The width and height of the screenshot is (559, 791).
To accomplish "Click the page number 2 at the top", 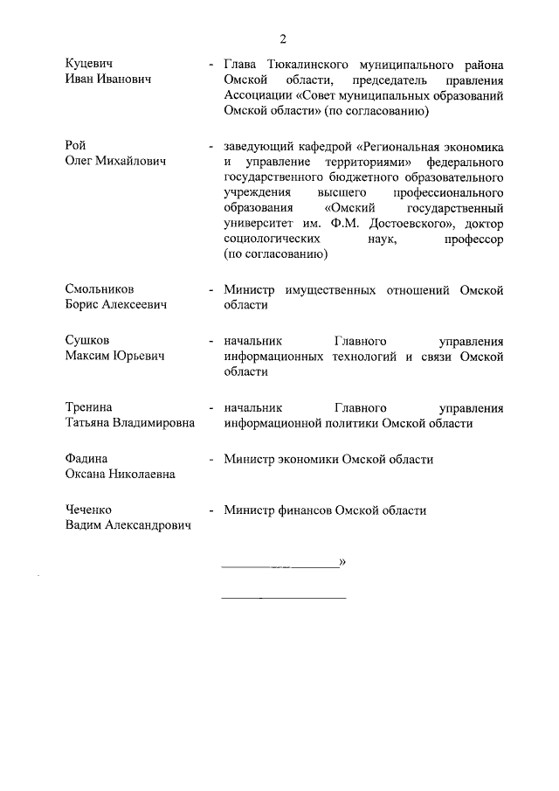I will click(283, 38).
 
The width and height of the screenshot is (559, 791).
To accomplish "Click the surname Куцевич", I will click(91, 65).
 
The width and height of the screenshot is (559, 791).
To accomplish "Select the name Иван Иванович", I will click(109, 80).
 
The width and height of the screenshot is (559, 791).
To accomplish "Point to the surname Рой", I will click(76, 145).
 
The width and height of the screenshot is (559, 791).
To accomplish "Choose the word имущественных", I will click(332, 289).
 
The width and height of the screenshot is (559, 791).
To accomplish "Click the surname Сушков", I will click(88, 340).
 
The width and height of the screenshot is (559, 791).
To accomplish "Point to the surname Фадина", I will click(87, 459).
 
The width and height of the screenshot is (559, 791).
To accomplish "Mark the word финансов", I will click(310, 510).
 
